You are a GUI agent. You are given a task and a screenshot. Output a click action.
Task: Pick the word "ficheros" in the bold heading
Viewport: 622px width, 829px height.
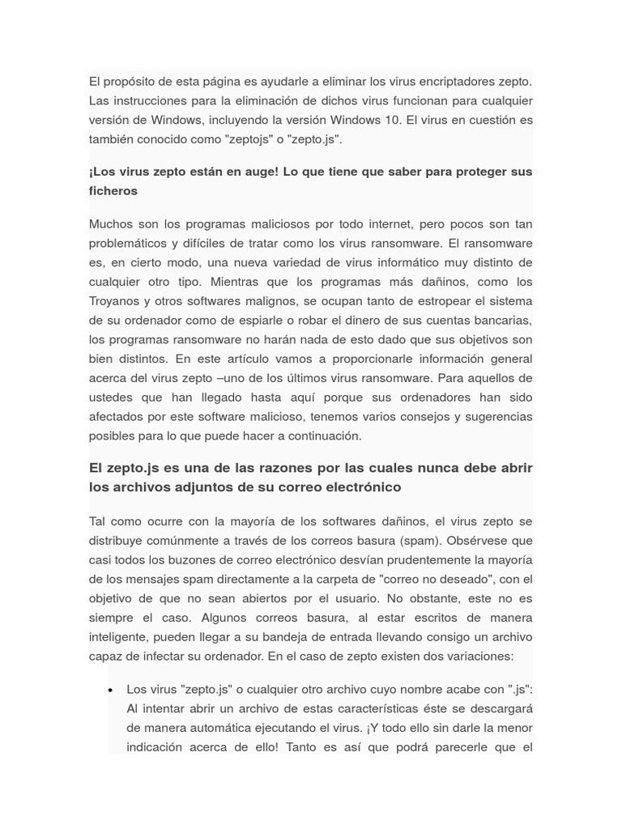pyautogui.click(x=113, y=191)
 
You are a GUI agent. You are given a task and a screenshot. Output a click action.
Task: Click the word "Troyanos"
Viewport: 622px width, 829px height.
pyautogui.click(x=113, y=301)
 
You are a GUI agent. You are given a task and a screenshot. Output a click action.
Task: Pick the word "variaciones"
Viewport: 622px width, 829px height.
pyautogui.click(x=478, y=657)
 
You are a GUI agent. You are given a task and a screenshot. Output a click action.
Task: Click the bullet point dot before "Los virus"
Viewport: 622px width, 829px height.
pyautogui.click(x=110, y=690)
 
